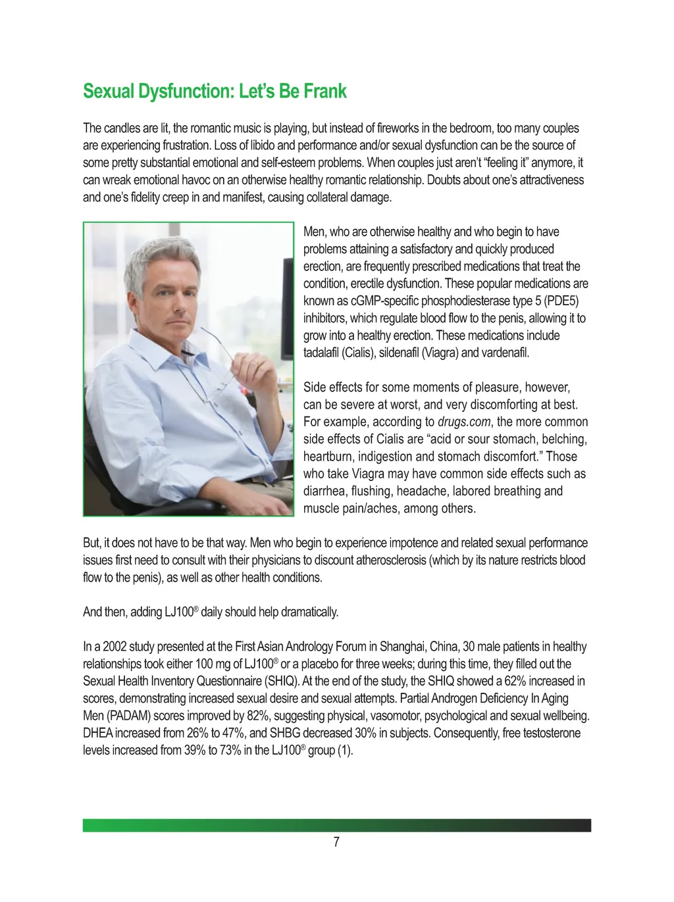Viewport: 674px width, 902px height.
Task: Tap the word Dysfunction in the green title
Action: (186, 91)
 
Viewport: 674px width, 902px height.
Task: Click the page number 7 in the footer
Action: (336, 842)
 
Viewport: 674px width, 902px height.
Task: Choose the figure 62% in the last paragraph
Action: (515, 681)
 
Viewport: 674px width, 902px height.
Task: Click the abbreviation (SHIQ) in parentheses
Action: (281, 681)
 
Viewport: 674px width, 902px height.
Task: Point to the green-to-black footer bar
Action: (336, 825)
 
